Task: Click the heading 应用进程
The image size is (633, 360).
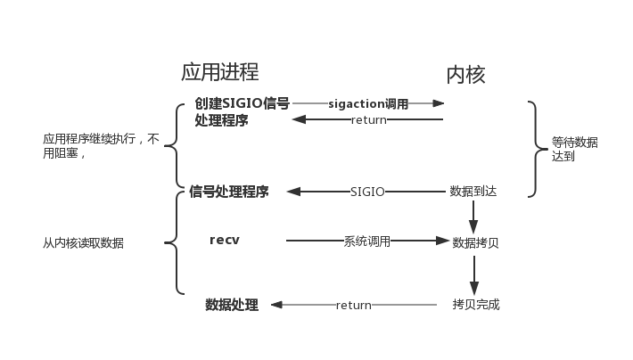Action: [219, 72]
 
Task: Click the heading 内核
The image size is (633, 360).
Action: [465, 74]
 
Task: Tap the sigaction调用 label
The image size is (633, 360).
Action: [368, 103]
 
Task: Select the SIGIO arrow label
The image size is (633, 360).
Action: [367, 192]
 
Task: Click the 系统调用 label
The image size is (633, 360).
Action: [367, 241]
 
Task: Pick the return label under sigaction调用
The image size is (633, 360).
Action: [368, 120]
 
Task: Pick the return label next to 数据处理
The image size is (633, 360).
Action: [353, 305]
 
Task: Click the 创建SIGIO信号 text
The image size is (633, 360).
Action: [242, 103]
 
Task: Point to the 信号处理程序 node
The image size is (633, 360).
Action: [229, 192]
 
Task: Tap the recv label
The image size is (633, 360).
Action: [225, 241]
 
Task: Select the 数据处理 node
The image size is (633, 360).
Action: [232, 305]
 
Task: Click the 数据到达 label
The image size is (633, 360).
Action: [473, 192]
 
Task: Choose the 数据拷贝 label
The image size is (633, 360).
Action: [475, 242]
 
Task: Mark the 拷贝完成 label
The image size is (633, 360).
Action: [475, 305]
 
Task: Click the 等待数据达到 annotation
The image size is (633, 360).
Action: [574, 149]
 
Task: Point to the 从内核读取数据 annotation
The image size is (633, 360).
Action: [84, 242]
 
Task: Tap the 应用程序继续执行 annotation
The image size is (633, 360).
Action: [101, 145]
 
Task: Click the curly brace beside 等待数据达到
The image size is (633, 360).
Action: [534, 148]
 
